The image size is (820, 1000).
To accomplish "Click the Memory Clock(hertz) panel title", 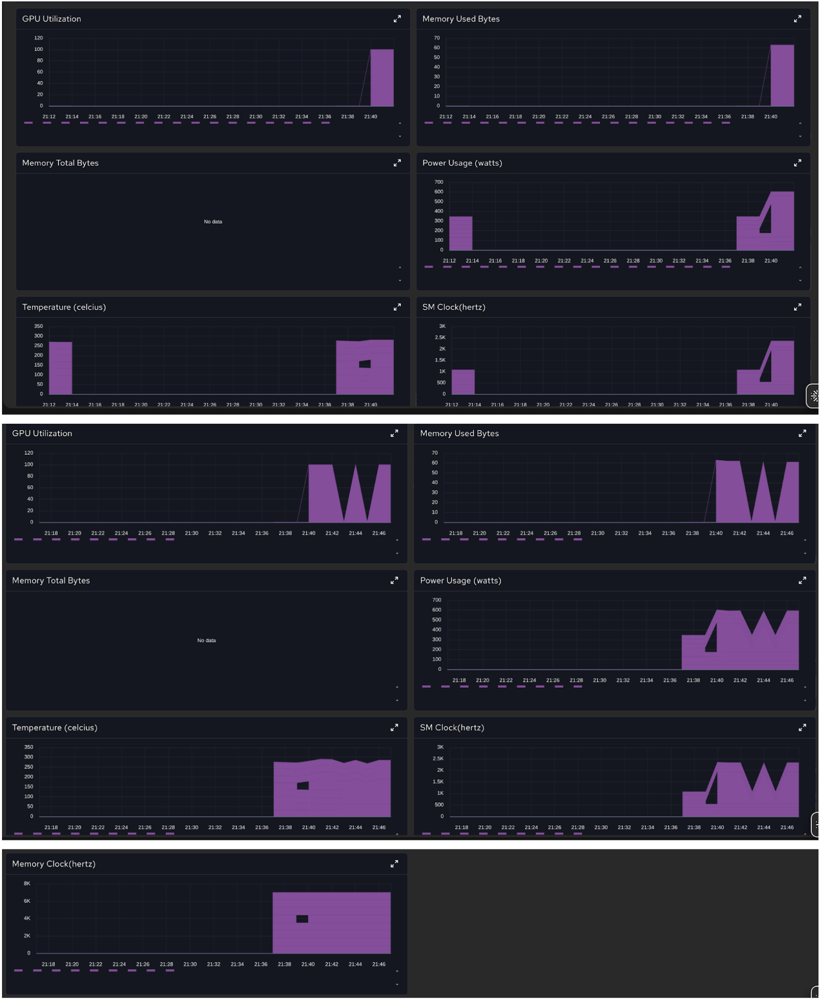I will tap(53, 864).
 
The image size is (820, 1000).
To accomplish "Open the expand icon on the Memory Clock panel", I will tap(394, 864).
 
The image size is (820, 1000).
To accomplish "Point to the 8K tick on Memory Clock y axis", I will tap(27, 883).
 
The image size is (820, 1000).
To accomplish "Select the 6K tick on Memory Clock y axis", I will tap(27, 901).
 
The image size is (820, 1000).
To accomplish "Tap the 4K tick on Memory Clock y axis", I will tap(27, 918).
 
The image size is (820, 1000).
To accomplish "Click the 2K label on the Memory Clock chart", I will tap(27, 935).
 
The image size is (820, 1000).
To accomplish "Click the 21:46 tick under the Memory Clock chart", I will tap(378, 964).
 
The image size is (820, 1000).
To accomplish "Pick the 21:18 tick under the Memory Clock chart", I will tap(48, 964).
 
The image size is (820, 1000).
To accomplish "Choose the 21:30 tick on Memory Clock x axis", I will tap(190, 964).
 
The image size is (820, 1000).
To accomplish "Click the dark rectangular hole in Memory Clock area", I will tap(302, 918).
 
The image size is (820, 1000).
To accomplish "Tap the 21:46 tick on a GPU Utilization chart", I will tap(378, 533).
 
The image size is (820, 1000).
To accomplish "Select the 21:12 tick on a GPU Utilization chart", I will tap(49, 117).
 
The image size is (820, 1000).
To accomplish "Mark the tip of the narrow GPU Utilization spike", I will tap(355, 465).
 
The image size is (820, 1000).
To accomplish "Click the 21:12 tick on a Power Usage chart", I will tap(449, 261).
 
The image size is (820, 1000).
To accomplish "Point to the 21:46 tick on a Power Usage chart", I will tap(786, 680).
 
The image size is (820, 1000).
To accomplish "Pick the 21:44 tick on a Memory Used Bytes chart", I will tap(763, 533).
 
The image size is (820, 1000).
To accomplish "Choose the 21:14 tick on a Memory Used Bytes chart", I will tap(469, 117).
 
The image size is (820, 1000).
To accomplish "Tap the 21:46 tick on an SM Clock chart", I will tap(786, 827).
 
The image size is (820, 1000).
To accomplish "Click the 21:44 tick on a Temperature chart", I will tap(355, 827).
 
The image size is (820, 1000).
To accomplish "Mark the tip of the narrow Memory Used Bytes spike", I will tap(763, 463).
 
